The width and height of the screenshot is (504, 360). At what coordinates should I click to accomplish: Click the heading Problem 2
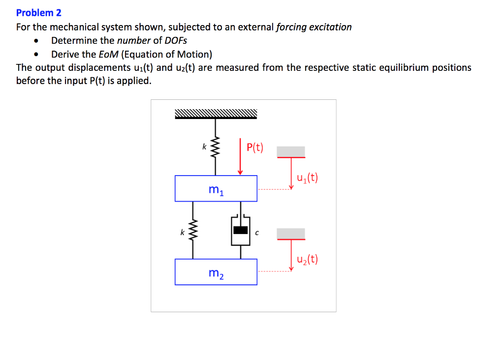pyautogui.click(x=39, y=13)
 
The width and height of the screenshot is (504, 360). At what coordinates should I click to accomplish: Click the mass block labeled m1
pyautogui.click(x=216, y=188)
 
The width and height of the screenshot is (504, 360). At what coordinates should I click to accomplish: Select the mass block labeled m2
pyautogui.click(x=216, y=272)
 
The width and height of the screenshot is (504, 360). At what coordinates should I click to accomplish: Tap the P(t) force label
pyautogui.click(x=255, y=148)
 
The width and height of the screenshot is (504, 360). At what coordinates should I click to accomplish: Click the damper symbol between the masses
pyautogui.click(x=240, y=230)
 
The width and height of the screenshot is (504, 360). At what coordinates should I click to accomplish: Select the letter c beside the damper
pyautogui.click(x=256, y=234)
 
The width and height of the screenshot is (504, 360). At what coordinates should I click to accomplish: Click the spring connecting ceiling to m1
pyautogui.click(x=215, y=147)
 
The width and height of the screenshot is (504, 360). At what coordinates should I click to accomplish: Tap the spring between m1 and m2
pyautogui.click(x=193, y=230)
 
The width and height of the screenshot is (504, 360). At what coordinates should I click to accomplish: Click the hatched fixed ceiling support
pyautogui.click(x=216, y=114)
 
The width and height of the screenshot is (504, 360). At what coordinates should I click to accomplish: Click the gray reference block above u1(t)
pyautogui.click(x=291, y=151)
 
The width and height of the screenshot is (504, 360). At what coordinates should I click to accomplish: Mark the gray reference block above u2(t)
pyautogui.click(x=291, y=233)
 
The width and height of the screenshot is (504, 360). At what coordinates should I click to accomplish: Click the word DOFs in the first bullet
pyautogui.click(x=176, y=40)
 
